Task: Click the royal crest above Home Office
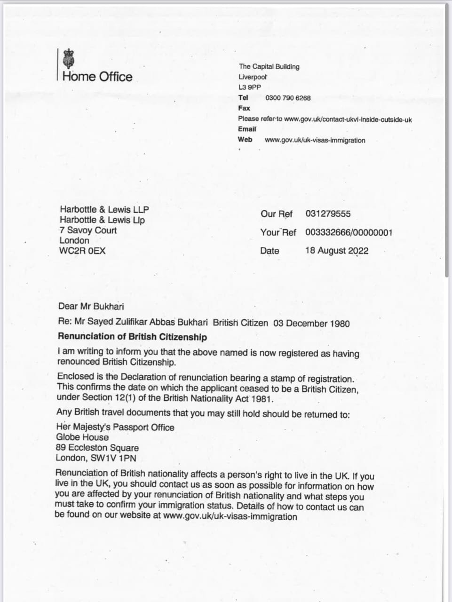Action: point(69,58)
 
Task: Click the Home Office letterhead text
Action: point(97,77)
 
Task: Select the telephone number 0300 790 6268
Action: point(288,98)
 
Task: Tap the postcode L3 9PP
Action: point(249,87)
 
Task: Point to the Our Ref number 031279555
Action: point(328,214)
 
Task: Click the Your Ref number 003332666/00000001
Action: point(349,232)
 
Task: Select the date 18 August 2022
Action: point(337,251)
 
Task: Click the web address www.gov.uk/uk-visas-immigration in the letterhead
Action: point(315,140)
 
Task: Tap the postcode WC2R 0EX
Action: point(82,251)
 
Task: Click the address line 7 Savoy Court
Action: point(88,230)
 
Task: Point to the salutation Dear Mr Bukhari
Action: point(91,307)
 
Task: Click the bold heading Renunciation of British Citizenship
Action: point(132,337)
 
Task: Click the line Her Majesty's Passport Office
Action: point(115,427)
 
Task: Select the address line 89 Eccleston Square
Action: point(97,448)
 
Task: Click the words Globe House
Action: point(82,437)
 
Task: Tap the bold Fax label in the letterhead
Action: point(244,108)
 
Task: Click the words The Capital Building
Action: point(269,67)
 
